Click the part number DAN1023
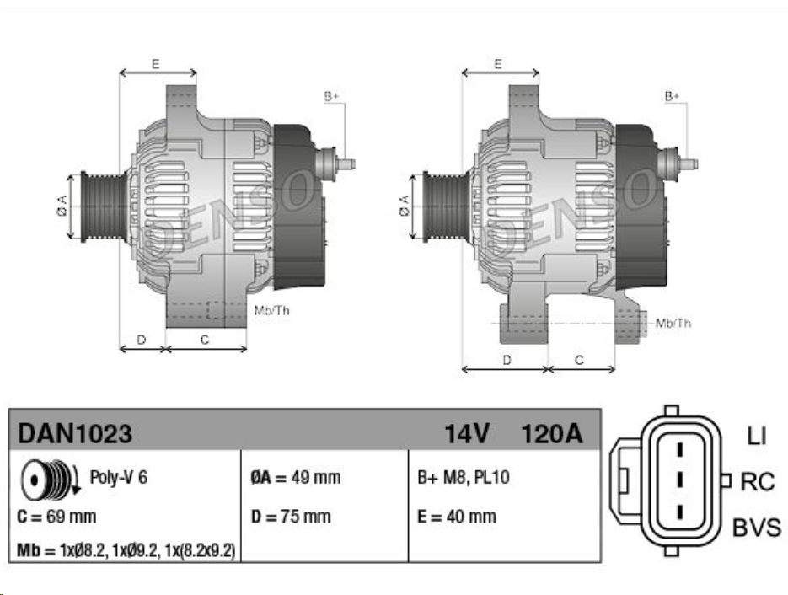(x=75, y=433)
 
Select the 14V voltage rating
(x=466, y=433)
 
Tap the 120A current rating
(x=552, y=433)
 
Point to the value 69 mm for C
(x=71, y=517)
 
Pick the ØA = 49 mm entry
(x=296, y=477)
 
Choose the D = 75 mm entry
(x=291, y=517)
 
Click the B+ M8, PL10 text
(x=464, y=477)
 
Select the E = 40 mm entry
(x=457, y=517)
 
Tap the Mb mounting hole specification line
(x=126, y=551)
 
